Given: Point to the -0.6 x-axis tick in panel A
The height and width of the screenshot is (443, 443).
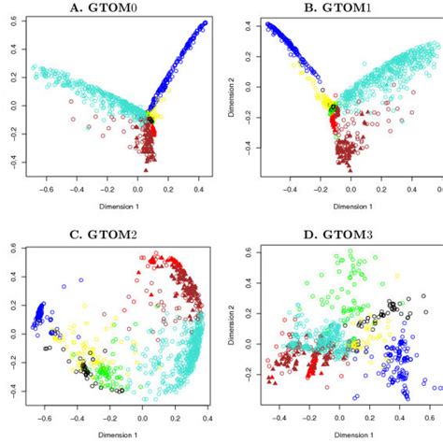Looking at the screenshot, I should (x=41, y=187).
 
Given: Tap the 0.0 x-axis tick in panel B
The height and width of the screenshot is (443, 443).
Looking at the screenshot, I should (x=350, y=187).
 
